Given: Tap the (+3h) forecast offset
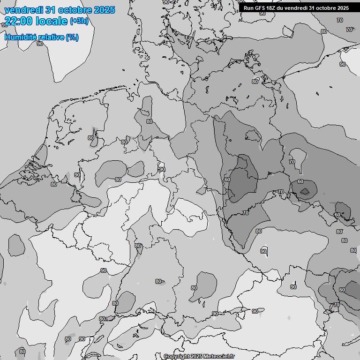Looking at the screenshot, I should click(79, 21).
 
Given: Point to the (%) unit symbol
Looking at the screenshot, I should click(72, 37).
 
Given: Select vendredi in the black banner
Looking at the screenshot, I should click(298, 8).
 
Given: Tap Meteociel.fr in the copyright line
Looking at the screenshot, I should click(220, 356).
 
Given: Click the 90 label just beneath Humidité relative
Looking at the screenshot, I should click(40, 44).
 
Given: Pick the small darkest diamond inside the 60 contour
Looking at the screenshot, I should click(305, 191).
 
